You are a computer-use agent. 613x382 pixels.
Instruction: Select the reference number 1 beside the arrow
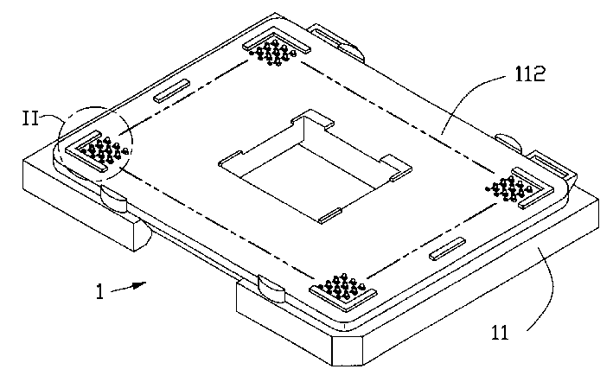click(x=100, y=292)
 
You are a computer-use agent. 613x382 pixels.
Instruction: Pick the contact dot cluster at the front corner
click(x=343, y=288)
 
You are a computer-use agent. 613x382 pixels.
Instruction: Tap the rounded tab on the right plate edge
click(x=506, y=141)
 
